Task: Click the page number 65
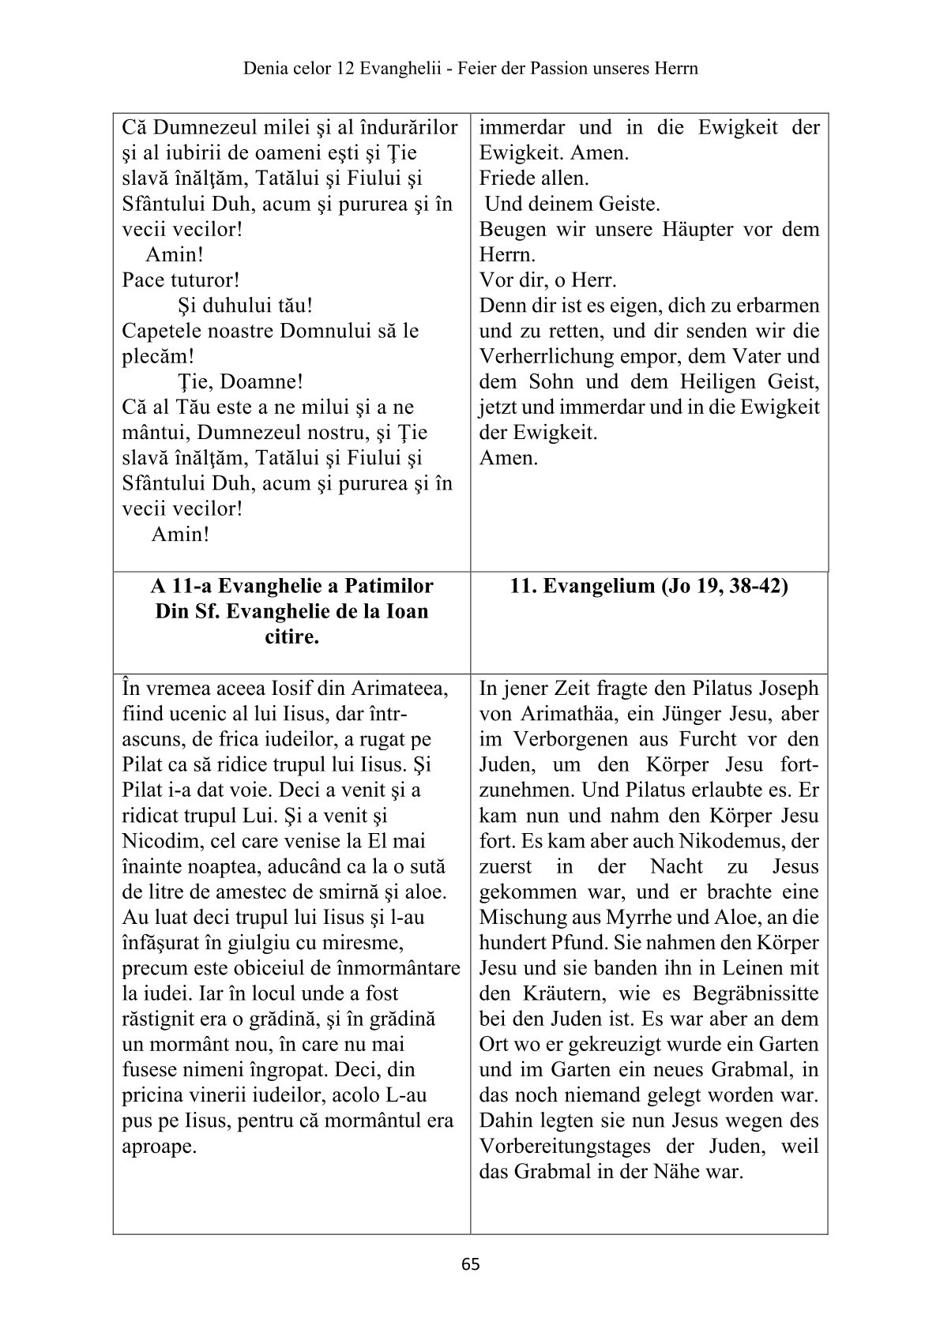[x=470, y=1264]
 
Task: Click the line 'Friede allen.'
[x=534, y=178]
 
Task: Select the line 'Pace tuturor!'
[x=182, y=280]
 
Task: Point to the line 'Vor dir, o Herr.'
[x=548, y=280]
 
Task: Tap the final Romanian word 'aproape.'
[x=159, y=1146]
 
